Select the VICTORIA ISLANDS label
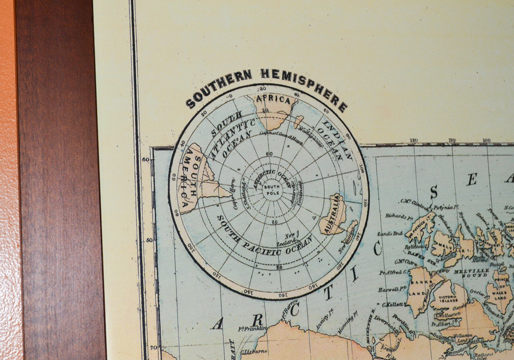(x=446, y=287)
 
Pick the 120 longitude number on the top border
(x=413, y=140)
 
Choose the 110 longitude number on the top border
(x=452, y=140)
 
